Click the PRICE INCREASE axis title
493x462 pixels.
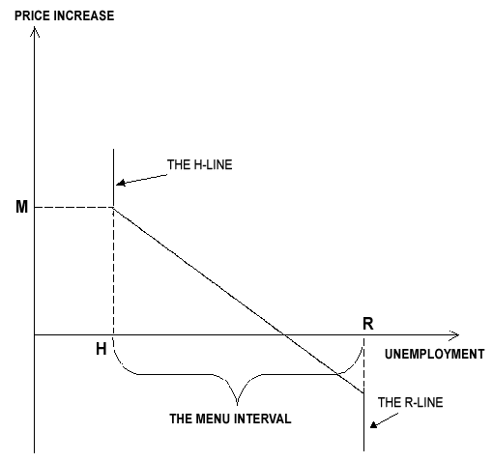pos(65,15)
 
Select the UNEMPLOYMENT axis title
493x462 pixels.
pos(434,354)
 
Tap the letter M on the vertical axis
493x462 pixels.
pos(21,207)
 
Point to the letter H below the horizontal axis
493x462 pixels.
pos(101,349)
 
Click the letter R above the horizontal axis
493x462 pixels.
pos(368,324)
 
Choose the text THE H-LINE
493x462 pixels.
pos(199,164)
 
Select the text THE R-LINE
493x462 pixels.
pos(410,402)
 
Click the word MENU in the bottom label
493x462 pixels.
pos(213,419)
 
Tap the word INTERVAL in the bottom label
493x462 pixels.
pos(263,419)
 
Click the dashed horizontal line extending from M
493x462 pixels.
pos(73,207)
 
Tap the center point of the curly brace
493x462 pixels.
pos(238,403)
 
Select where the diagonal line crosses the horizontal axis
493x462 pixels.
pos(283,335)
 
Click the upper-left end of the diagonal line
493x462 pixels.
pos(113,208)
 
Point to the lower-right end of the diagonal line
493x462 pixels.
pos(363,393)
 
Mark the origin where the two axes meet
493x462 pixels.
pos(35,335)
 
